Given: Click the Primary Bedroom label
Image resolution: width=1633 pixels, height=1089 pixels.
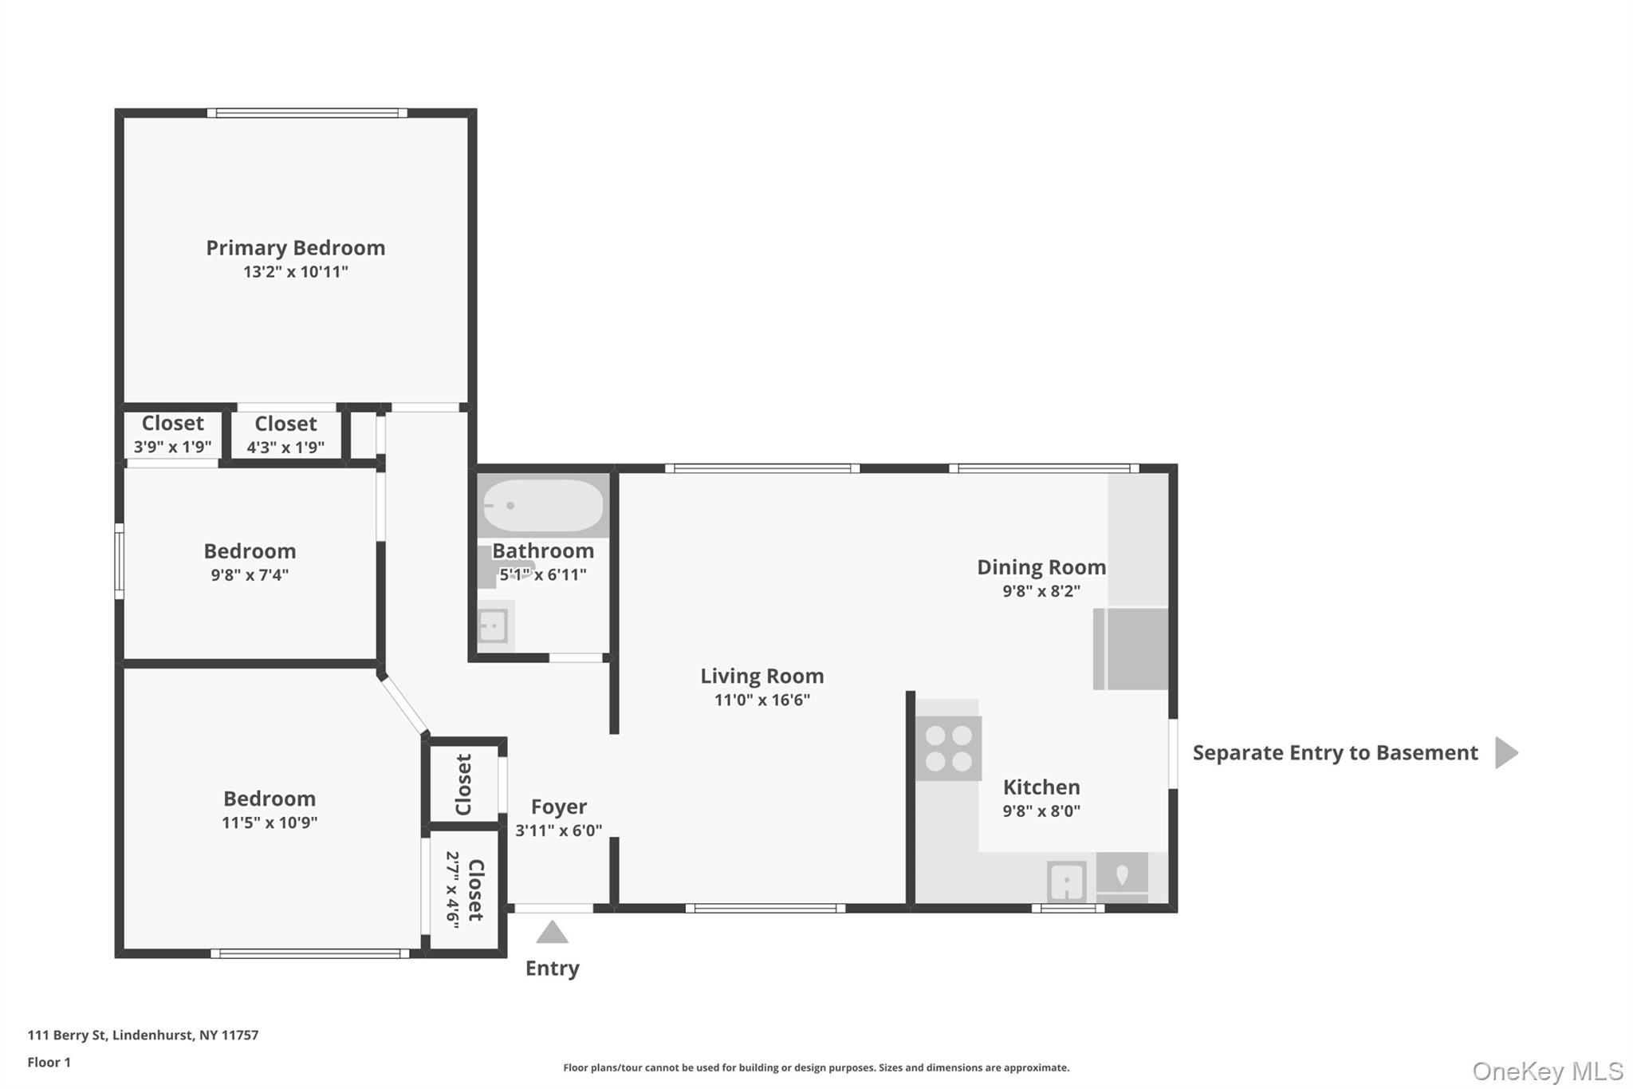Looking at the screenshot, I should click(x=295, y=248).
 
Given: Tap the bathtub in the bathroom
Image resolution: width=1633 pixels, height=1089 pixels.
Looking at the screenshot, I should click(x=543, y=506).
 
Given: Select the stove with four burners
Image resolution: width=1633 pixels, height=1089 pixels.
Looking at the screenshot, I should click(x=948, y=748).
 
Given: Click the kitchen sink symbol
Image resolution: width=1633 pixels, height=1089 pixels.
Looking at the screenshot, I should click(x=1066, y=882).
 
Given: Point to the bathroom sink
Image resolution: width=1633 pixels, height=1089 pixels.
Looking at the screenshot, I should click(x=492, y=626).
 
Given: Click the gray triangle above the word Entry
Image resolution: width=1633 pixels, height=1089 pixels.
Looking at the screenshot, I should click(x=552, y=933).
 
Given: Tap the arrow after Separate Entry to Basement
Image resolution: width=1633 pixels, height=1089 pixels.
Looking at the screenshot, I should click(x=1505, y=752).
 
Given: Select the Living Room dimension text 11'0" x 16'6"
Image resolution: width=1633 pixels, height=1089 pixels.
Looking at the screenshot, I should click(x=761, y=700).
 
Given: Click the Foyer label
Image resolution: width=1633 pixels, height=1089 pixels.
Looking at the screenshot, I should click(x=558, y=807).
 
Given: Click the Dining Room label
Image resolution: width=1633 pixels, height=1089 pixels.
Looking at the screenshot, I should click(x=1041, y=567).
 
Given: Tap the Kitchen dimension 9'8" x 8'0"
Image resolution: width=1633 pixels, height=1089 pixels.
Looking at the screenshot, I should click(x=1041, y=811).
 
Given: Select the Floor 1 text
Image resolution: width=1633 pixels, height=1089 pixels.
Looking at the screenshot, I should click(x=49, y=1062).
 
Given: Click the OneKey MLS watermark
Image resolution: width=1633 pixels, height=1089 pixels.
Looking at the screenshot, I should click(x=1547, y=1071).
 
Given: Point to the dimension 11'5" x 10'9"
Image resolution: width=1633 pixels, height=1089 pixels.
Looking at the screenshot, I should click(x=270, y=823).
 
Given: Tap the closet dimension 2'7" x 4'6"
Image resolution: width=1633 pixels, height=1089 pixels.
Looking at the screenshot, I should click(x=452, y=890).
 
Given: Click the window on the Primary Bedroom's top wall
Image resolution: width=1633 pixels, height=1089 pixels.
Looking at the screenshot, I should click(x=307, y=113).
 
